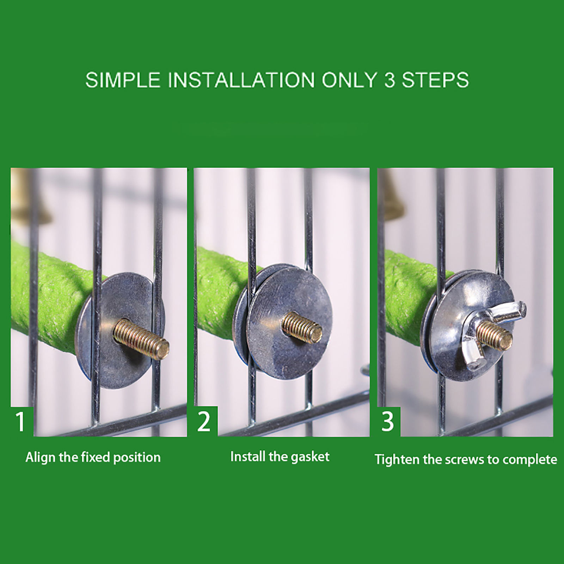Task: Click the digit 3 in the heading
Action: (x=390, y=80)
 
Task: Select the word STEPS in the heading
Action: (x=435, y=80)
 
